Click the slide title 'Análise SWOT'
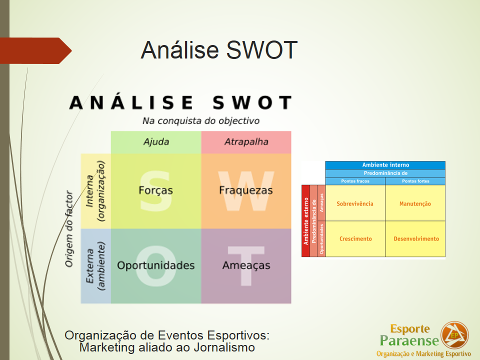pos(219,50)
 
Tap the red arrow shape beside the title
pos(35,51)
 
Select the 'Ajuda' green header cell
pos(156,142)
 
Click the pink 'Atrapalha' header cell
pos(246,142)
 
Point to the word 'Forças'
pos(155,190)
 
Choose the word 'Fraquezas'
pos(246,190)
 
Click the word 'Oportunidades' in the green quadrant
pos(155,265)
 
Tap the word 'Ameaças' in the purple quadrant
pos(246,265)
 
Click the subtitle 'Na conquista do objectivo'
pos(201,121)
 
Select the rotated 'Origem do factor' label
pos(69,228)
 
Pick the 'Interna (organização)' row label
pos(95,190)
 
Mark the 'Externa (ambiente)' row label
pos(95,265)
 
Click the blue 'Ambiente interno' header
pos(385,165)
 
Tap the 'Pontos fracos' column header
pos(355,181)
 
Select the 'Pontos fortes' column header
pos(415,181)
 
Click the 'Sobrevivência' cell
pos(355,203)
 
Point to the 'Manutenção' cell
pos(415,203)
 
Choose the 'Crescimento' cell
pos(355,239)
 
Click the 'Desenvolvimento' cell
pos(415,239)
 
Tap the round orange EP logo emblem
pos(454,335)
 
